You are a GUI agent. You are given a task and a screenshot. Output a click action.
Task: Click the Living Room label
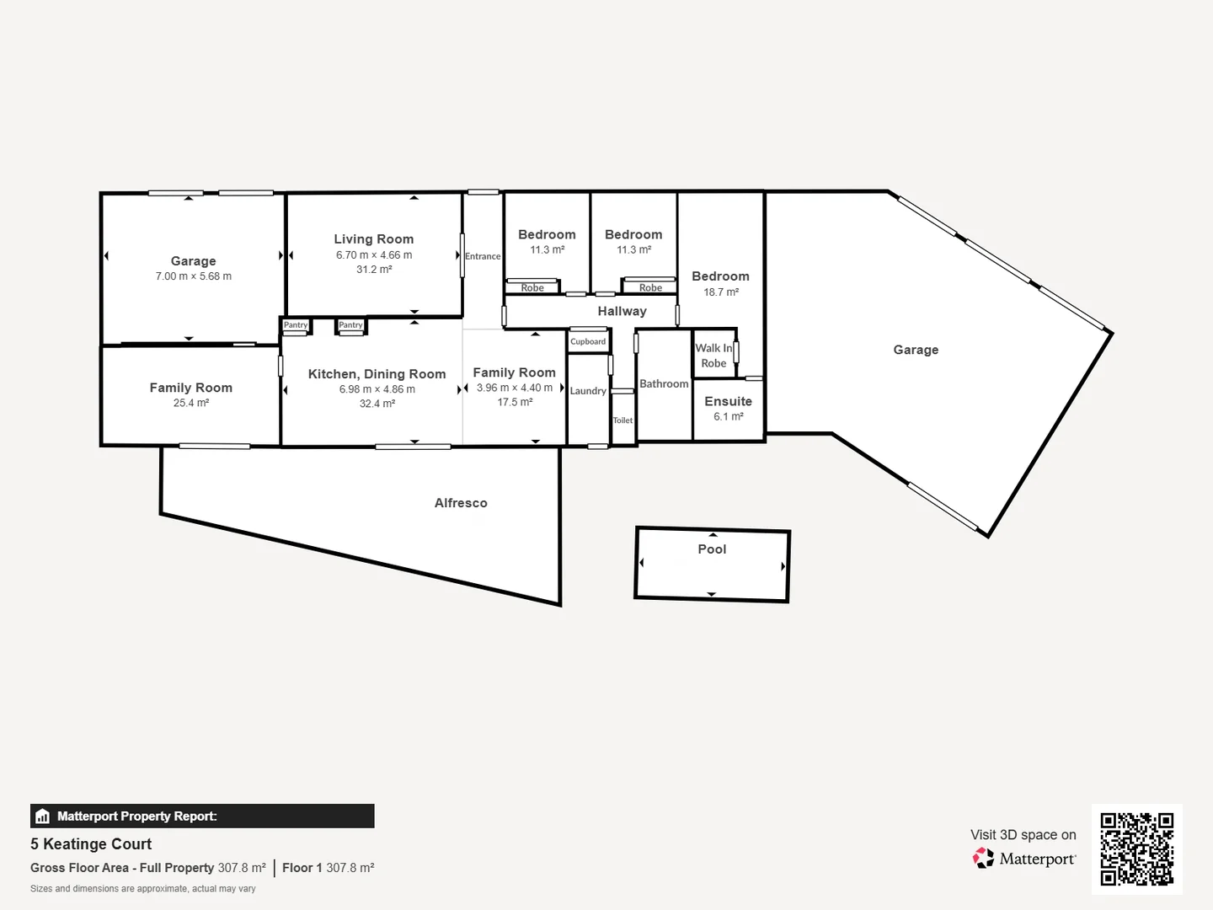pos(373,239)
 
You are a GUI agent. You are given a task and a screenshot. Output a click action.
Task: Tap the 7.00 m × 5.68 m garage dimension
pos(193,276)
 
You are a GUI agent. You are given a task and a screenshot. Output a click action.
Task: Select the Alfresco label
pos(461,503)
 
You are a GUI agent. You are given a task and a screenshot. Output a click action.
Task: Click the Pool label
pos(712,549)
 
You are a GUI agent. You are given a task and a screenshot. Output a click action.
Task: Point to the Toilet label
pos(623,420)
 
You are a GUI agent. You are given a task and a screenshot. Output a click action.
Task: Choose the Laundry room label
pos(588,391)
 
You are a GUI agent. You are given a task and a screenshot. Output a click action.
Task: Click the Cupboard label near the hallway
pos(588,342)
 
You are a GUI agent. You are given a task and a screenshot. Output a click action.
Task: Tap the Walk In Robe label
pos(713,356)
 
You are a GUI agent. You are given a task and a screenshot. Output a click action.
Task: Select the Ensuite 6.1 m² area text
pos(729,416)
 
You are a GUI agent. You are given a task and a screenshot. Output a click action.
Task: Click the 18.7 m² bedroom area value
pos(721,292)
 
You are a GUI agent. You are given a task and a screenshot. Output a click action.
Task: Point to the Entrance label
pos(483,256)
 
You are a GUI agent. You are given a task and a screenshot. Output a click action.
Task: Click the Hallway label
pos(622,311)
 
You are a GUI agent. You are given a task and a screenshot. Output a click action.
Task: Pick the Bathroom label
pos(664,384)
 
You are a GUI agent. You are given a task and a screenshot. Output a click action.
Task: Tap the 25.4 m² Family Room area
pos(191,403)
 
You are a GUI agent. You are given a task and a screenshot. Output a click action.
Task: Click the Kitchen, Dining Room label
pos(377,374)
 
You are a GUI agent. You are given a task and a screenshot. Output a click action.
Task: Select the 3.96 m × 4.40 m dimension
pos(515,388)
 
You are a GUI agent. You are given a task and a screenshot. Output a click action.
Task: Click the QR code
pos(1136,848)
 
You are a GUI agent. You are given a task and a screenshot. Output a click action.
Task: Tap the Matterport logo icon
pos(983,859)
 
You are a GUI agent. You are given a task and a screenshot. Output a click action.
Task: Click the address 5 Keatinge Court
pos(91,844)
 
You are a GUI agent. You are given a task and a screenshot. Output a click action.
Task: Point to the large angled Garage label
pos(916,350)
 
